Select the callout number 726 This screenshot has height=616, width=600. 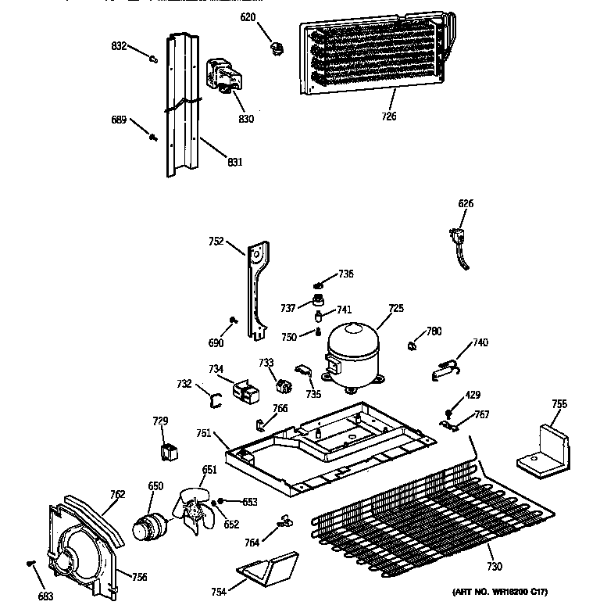[x=389, y=116]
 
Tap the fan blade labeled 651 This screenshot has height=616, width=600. [x=193, y=513]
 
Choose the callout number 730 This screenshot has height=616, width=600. [x=494, y=567]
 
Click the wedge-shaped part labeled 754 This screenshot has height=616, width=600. [x=266, y=568]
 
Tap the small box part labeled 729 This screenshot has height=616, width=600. [x=167, y=451]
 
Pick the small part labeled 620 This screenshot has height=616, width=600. [x=275, y=51]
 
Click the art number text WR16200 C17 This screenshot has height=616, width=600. [x=499, y=593]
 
